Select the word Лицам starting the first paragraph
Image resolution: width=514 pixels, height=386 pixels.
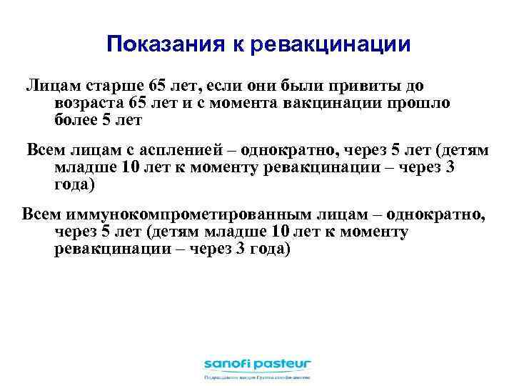pos(47,86)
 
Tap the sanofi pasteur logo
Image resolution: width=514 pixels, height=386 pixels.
pos(257,362)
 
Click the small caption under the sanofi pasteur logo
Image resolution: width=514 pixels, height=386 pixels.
pos(257,377)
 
